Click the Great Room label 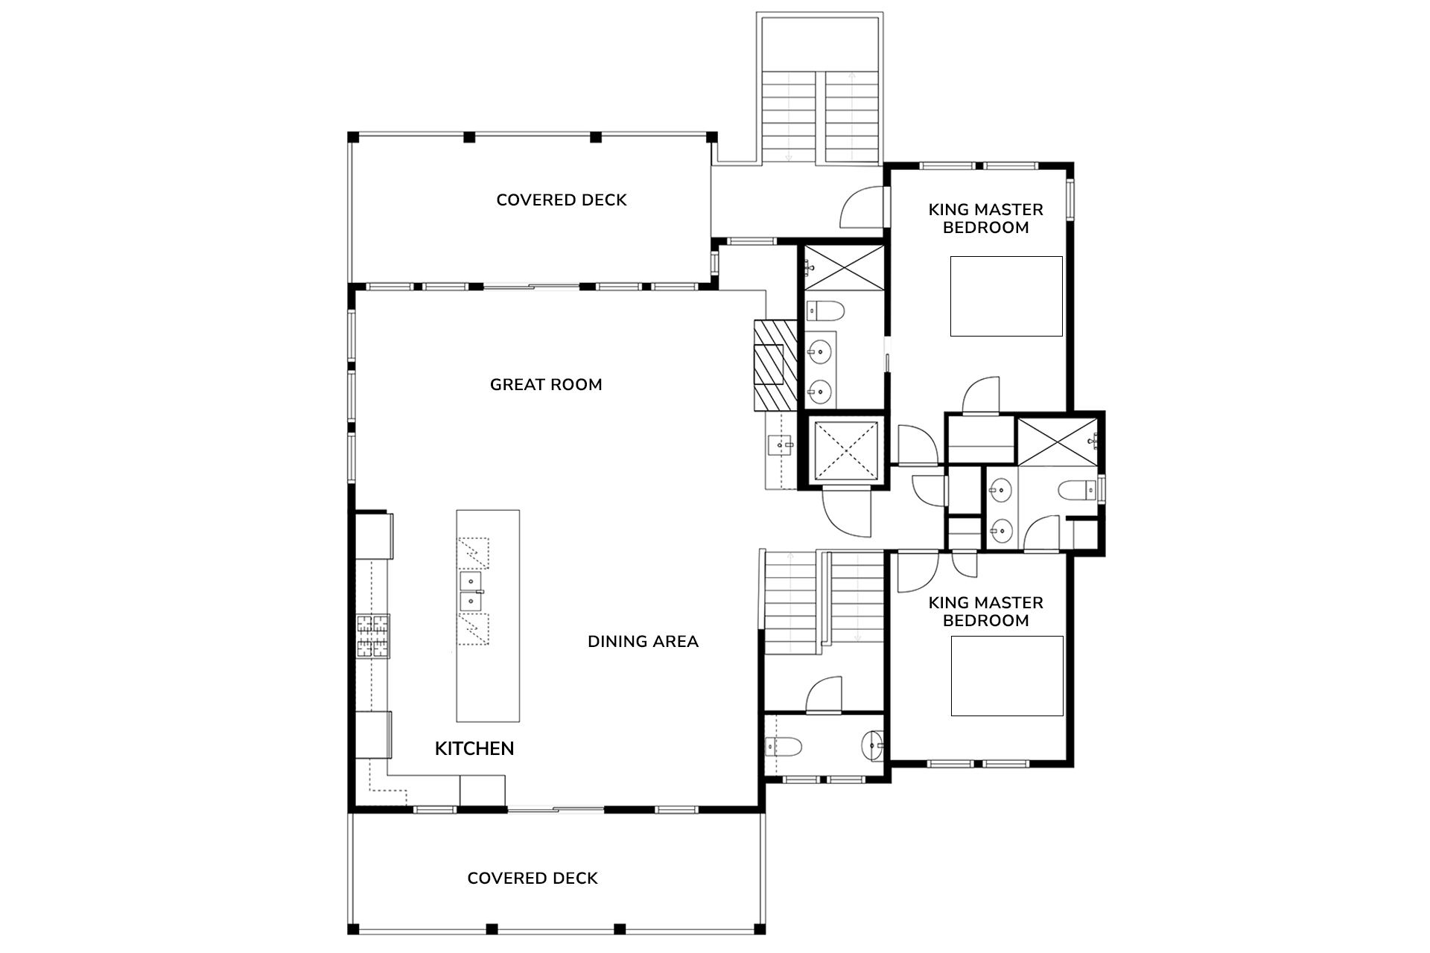(546, 385)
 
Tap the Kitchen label (474, 749)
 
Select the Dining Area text (643, 642)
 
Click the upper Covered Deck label (562, 200)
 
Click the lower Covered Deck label (533, 879)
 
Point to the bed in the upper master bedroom (1006, 296)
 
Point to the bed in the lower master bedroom (1007, 676)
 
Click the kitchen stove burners (373, 636)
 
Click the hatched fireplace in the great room (775, 366)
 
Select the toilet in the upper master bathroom (824, 309)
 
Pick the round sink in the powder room (871, 745)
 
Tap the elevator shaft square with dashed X (844, 450)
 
